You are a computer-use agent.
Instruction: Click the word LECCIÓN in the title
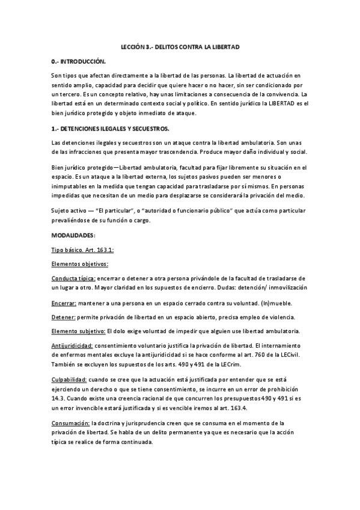tap(129, 46)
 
